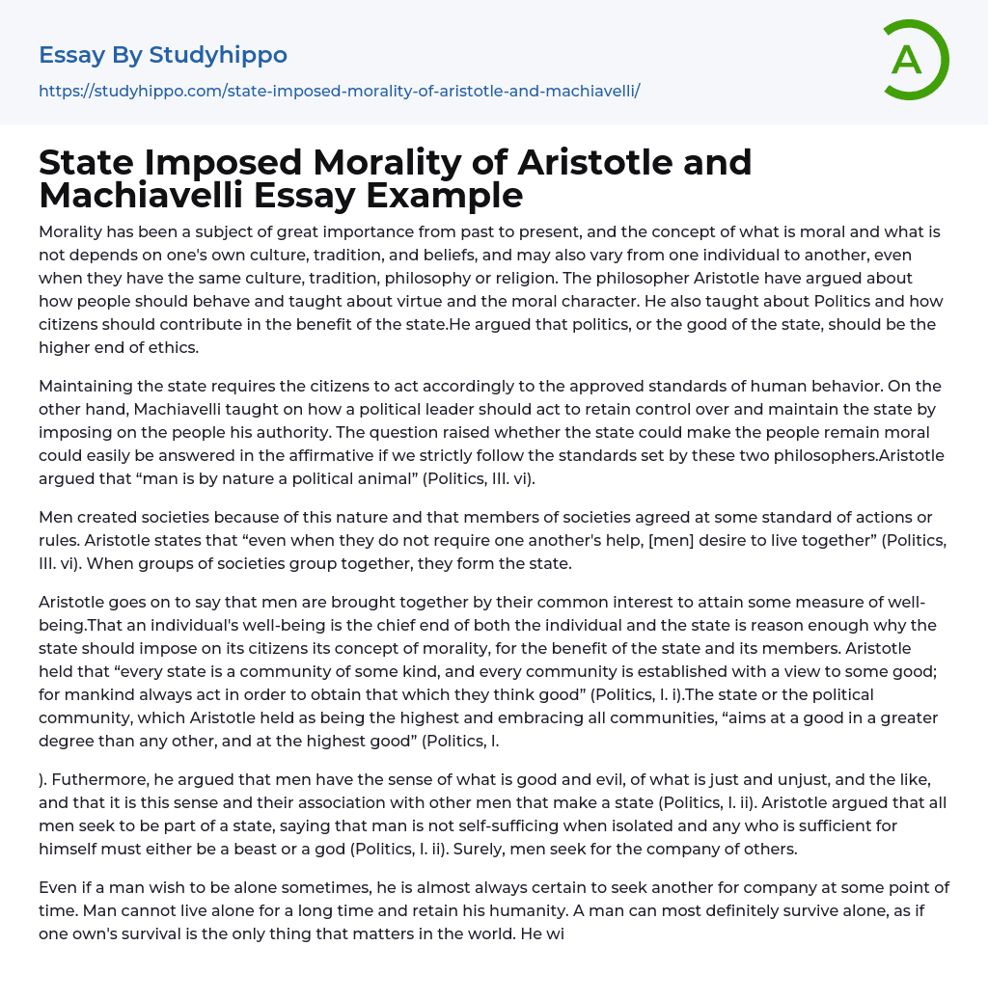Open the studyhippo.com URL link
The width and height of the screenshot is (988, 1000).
pos(339,91)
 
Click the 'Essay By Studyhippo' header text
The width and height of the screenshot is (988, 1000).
pos(163,55)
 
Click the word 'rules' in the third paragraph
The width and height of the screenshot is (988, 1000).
pos(58,540)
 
